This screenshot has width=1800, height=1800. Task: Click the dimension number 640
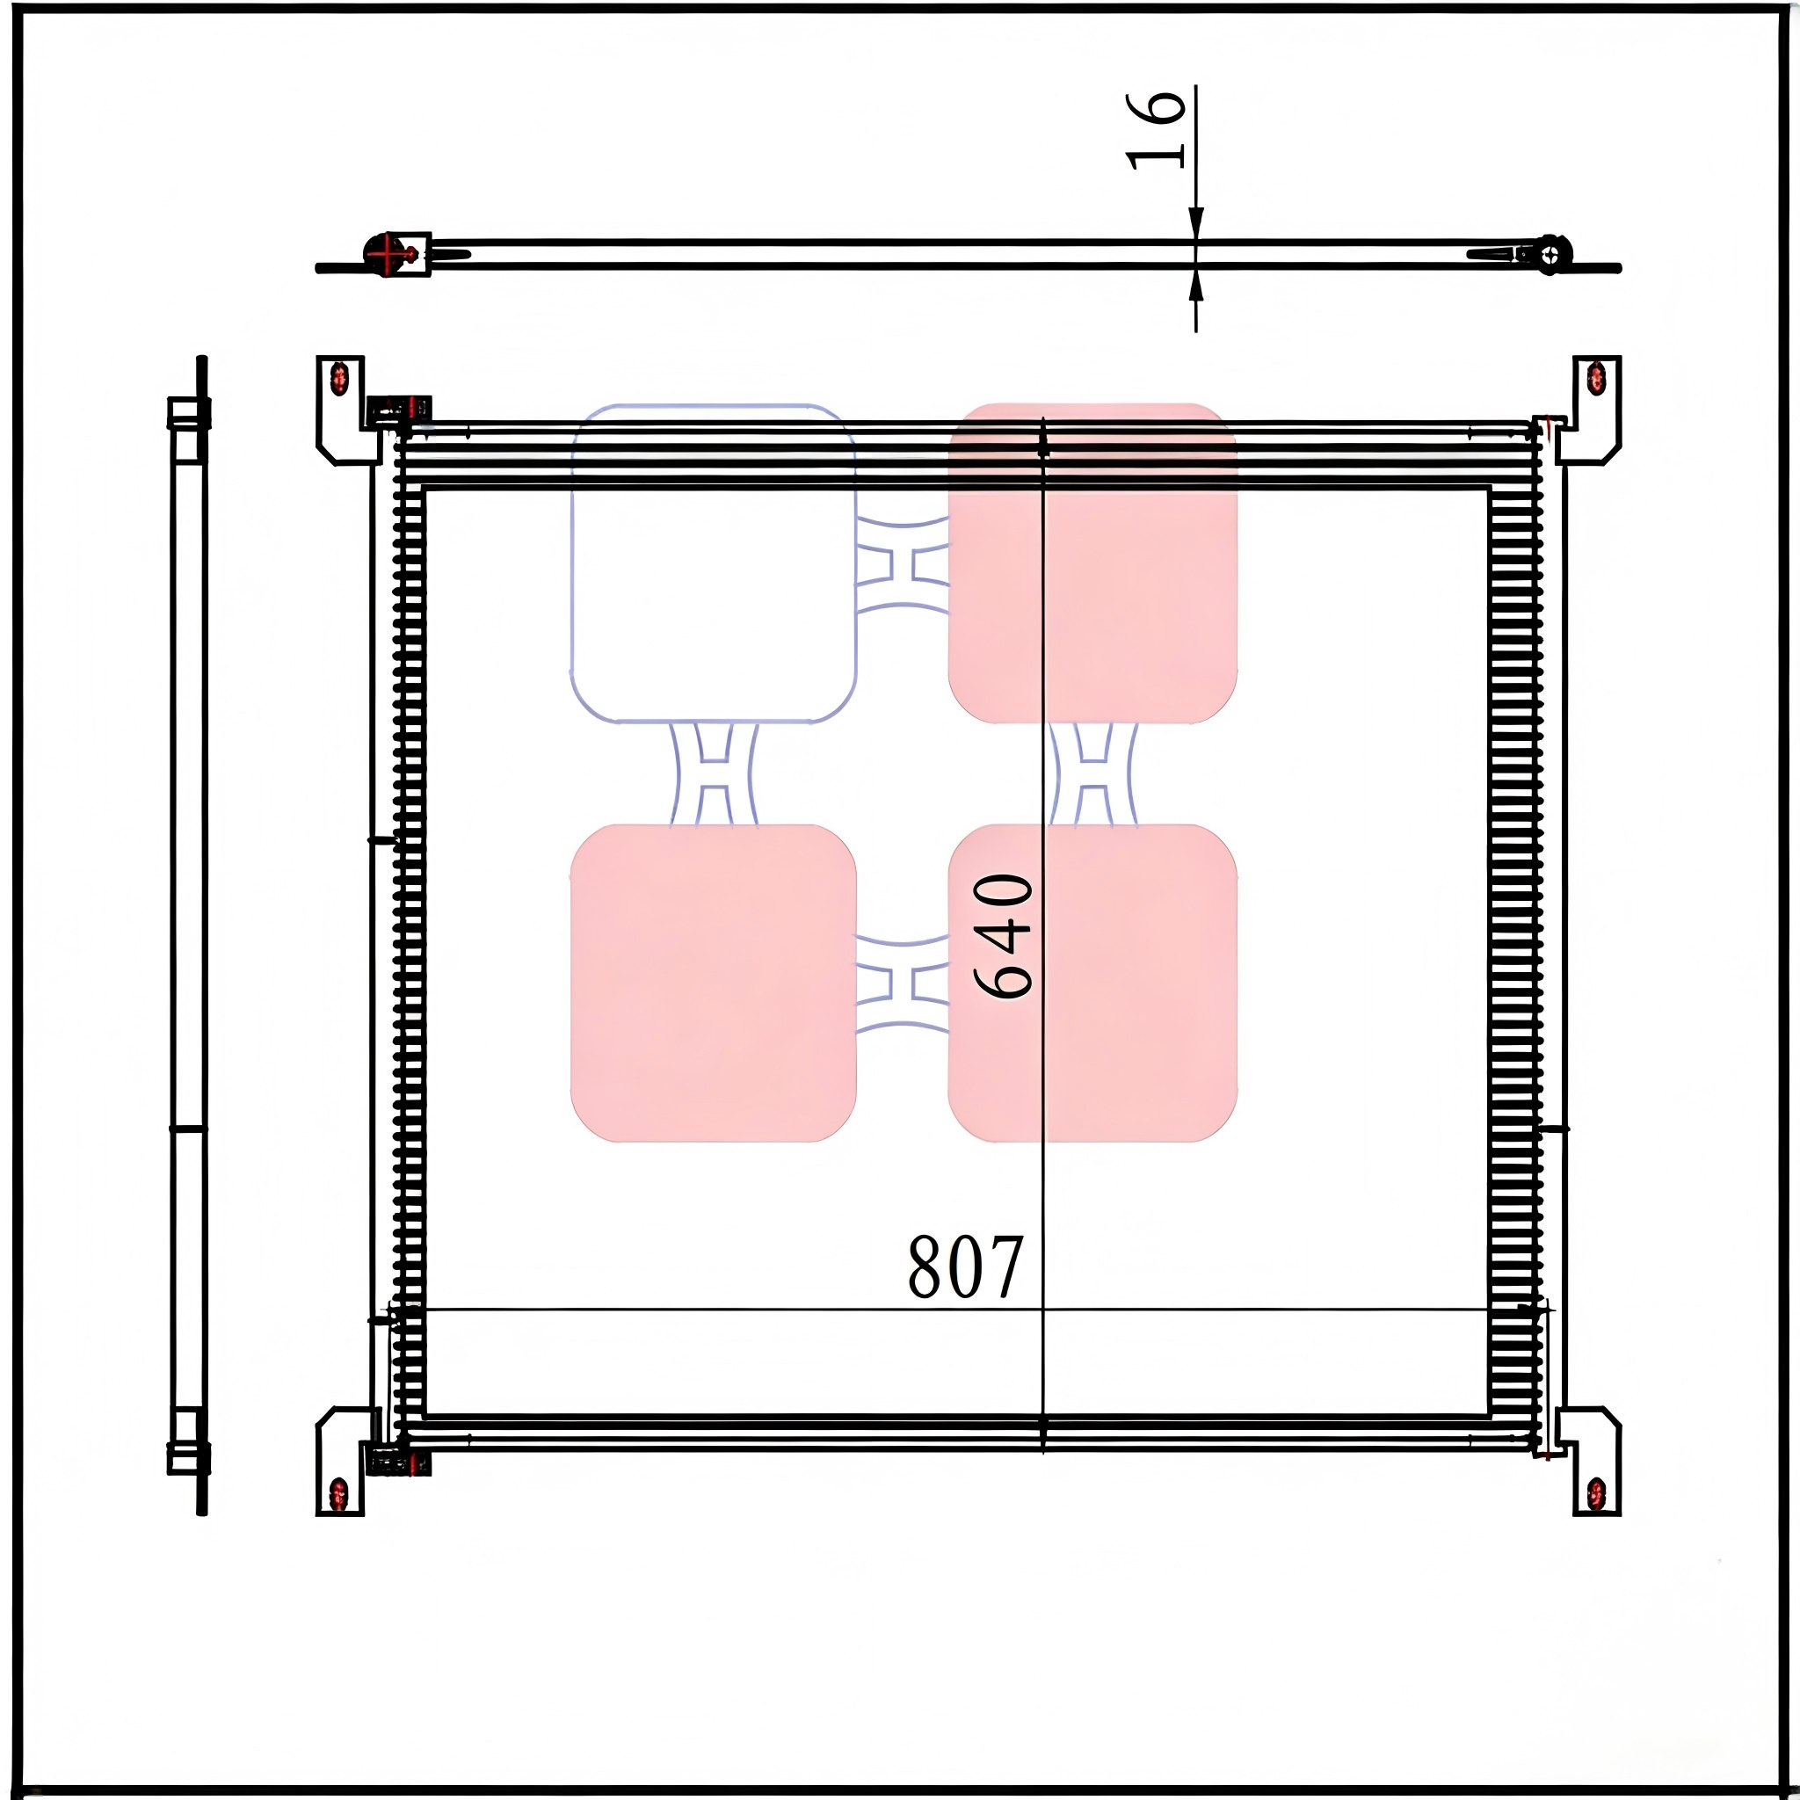click(1004, 935)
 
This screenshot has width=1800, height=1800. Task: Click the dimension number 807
click(965, 1267)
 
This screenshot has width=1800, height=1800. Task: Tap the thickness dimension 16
click(1155, 130)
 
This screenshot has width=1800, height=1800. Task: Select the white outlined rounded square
click(713, 563)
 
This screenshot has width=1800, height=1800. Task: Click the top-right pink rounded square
click(1092, 562)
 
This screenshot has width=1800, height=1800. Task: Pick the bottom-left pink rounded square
click(713, 983)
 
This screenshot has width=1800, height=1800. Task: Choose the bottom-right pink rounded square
click(1092, 983)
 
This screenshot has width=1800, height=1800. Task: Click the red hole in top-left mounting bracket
click(339, 377)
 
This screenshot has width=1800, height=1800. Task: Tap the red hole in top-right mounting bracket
click(1596, 378)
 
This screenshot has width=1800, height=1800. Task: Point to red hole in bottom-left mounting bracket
click(339, 1493)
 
